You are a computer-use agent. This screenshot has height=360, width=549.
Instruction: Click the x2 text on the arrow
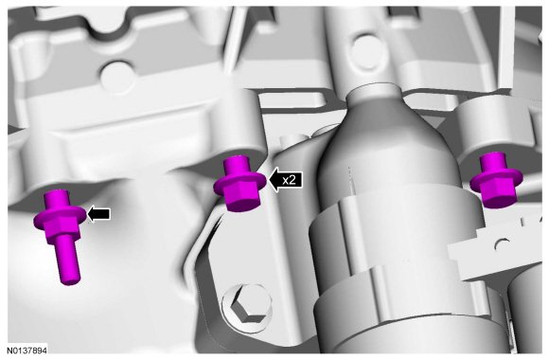[x=290, y=180]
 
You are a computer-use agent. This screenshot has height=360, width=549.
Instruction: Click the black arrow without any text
[x=98, y=213]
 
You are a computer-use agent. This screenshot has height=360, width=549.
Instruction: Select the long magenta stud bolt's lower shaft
[x=68, y=259]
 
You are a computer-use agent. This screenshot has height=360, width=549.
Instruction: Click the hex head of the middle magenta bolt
[x=242, y=198]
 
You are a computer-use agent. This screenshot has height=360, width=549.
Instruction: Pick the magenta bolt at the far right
[x=495, y=180]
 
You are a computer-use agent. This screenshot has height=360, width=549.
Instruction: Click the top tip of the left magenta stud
[x=55, y=191]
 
